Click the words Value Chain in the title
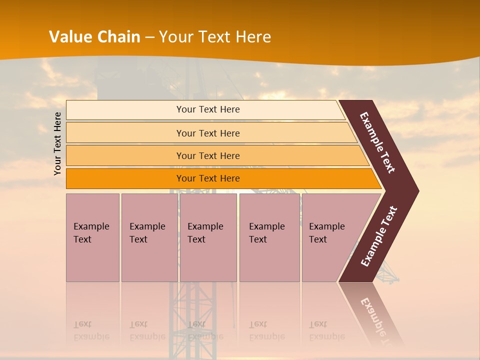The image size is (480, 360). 94,36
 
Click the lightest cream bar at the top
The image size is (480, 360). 125,110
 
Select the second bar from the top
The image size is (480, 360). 125,133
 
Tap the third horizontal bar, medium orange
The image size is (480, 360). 125,155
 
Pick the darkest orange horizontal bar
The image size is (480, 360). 125,178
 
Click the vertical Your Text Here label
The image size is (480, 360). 57,144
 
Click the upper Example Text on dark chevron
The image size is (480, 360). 377,142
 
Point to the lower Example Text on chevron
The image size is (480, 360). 379,236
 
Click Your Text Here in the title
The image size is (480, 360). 215,36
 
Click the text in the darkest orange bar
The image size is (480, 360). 208,178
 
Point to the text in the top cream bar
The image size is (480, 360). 208,109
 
